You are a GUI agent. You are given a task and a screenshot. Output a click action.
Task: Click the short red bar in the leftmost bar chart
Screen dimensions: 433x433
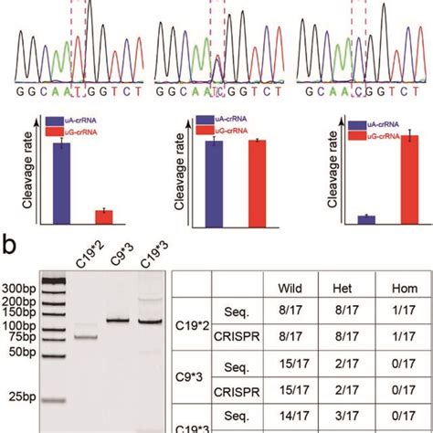pos(105,216)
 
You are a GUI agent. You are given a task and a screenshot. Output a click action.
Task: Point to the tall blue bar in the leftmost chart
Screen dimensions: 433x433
pos(62,183)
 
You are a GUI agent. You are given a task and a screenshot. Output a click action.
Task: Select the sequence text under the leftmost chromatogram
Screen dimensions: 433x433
pos(62,92)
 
